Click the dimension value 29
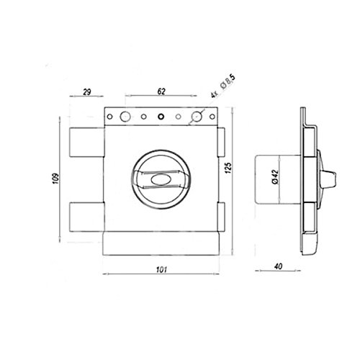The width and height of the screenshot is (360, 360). (x=87, y=92)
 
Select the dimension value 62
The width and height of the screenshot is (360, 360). (x=161, y=91)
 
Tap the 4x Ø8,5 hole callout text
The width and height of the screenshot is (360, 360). (x=223, y=86)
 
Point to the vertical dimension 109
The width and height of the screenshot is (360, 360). (x=55, y=179)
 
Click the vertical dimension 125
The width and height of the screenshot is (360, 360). (x=228, y=168)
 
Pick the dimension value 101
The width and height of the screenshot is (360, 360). (x=161, y=270)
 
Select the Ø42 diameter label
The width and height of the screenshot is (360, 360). (x=275, y=177)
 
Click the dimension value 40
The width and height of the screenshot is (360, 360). (x=279, y=266)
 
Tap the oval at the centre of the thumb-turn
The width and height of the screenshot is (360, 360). (x=161, y=179)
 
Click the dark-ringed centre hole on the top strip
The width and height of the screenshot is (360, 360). (x=161, y=117)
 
